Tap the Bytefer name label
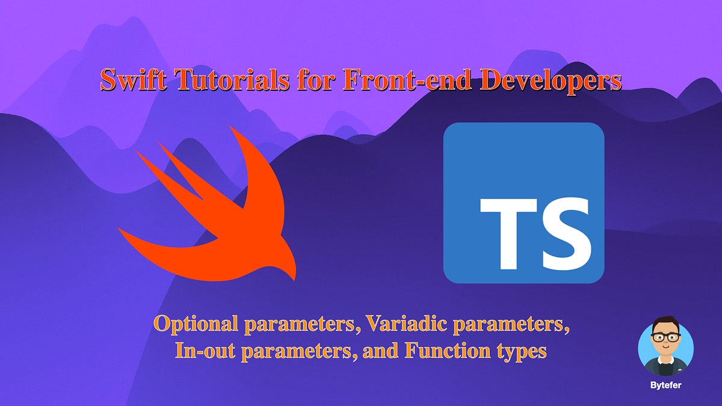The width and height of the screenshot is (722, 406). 665,384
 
